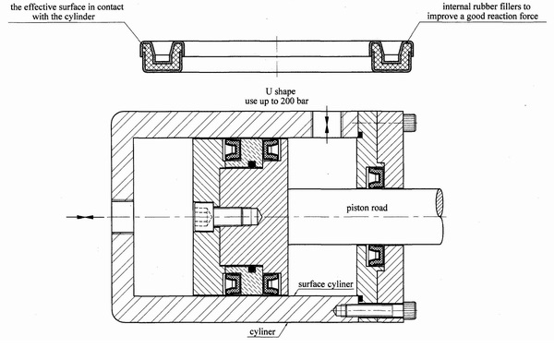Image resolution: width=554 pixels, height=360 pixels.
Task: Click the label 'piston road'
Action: pos(367,208)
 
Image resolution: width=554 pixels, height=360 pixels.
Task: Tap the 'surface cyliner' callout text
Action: pos(325,284)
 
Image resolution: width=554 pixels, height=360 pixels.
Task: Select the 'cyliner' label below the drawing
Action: pos(262,331)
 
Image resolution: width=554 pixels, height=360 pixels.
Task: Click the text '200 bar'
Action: pos(295,101)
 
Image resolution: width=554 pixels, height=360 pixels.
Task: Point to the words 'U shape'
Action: pos(281,91)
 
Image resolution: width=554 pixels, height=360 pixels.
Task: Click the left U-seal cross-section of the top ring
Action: pos(163,56)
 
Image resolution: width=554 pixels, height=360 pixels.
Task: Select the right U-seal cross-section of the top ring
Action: pos(391,56)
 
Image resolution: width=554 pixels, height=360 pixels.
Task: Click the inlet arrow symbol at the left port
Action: pos(85,217)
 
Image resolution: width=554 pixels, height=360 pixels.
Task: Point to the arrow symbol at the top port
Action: pos(327,125)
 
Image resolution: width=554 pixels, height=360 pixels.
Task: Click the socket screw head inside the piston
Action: pos(203,217)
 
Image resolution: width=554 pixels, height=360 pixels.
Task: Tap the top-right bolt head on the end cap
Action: pos(410,123)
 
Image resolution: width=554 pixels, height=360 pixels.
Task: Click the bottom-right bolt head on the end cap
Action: pos(410,310)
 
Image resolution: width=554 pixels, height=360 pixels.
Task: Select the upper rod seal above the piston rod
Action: pos(376,177)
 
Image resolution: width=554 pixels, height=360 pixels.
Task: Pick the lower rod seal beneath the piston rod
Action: pos(376,256)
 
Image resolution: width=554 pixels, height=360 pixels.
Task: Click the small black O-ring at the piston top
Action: pos(252,164)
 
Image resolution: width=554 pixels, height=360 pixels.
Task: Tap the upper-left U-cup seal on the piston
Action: pos(233,150)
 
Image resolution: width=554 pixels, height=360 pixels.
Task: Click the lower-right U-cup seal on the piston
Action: pos(271,283)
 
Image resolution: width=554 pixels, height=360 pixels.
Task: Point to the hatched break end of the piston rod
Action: pos(440,202)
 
